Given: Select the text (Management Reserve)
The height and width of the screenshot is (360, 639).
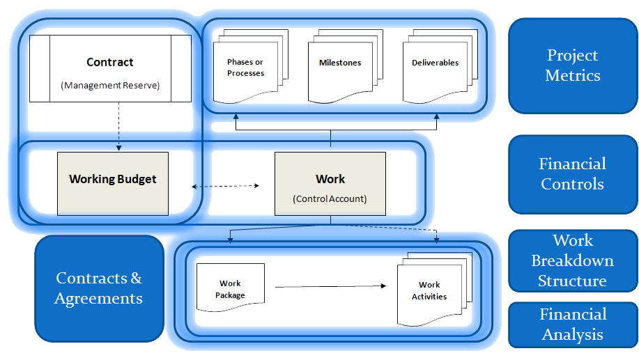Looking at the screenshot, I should pos(110,86).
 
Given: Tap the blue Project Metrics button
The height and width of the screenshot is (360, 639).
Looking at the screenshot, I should pos(573,65).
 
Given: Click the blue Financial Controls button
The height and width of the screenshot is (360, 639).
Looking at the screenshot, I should pos(573,174).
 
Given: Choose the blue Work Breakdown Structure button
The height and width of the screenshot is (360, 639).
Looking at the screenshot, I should pos(573,261).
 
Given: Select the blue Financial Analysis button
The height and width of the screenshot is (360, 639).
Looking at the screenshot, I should pos(573,324).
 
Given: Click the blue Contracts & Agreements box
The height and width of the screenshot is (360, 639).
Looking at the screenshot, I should pos(99,288).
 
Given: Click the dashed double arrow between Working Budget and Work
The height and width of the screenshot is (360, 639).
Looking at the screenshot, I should pos(225,186).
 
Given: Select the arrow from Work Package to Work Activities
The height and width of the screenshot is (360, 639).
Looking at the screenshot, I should pos(331,285).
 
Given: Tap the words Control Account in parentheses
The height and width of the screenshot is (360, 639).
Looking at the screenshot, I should pos(330,199).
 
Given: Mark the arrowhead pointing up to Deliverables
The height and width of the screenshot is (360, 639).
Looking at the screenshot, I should pos(437,126).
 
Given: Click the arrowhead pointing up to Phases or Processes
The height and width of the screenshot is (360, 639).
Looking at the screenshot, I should pos(235,126).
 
